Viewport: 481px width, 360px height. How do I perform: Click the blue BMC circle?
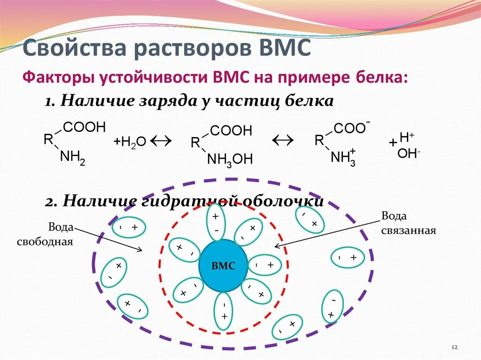(x=223, y=265)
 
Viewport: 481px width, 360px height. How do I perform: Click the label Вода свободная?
(x=46, y=235)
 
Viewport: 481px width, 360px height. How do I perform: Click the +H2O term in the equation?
(x=130, y=141)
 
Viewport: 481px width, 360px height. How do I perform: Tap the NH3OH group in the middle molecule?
(x=230, y=160)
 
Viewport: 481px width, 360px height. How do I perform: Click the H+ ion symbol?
(x=406, y=138)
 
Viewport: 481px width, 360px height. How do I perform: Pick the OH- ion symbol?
(x=408, y=153)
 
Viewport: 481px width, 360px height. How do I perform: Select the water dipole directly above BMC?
(x=216, y=223)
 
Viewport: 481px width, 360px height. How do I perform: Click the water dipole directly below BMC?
(x=223, y=311)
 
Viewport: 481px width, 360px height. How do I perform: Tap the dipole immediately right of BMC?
(x=264, y=265)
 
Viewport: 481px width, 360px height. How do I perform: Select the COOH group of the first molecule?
(x=84, y=127)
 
